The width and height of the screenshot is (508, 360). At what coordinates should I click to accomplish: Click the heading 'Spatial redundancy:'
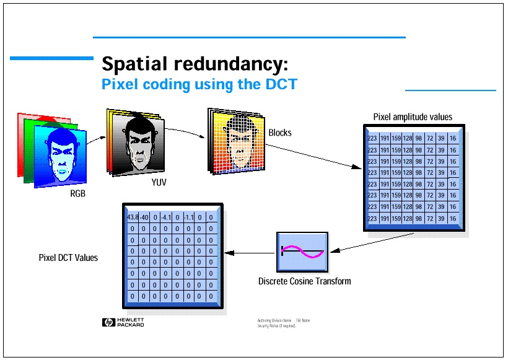tap(195, 64)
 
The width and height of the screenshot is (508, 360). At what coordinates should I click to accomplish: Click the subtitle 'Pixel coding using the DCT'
tap(199, 84)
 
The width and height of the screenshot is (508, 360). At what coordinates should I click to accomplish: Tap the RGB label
tap(77, 194)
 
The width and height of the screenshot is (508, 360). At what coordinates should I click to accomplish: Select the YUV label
tap(159, 183)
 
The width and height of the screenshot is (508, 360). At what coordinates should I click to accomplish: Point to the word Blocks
tap(280, 133)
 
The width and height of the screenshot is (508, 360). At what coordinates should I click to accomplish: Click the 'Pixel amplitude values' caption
tap(413, 116)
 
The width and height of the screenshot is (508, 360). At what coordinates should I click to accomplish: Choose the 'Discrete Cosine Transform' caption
tap(304, 281)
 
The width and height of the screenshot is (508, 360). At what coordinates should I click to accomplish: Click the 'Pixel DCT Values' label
tap(68, 257)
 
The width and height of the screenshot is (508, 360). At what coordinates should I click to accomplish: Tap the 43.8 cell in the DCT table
tap(133, 217)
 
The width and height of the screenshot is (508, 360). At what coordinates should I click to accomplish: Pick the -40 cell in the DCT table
tap(144, 217)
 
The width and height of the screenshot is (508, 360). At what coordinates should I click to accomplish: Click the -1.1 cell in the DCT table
tap(189, 217)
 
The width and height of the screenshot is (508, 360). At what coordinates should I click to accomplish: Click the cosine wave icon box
tap(302, 252)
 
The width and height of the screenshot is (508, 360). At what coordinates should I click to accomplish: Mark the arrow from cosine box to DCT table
tap(250, 252)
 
